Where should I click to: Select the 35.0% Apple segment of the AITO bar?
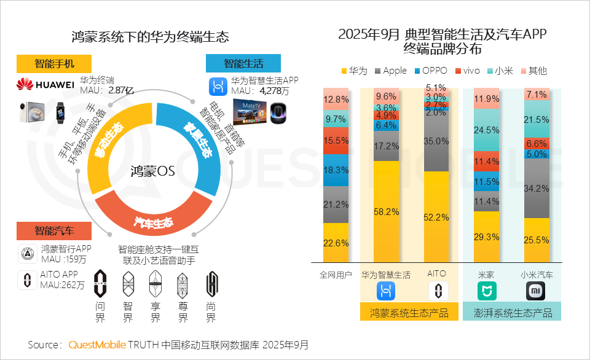click(x=436, y=141)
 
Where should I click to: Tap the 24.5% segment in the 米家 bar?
click(x=487, y=130)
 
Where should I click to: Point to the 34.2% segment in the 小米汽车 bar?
click(x=537, y=188)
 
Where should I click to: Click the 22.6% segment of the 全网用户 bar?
click(x=336, y=243)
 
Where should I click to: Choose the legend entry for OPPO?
click(x=431, y=71)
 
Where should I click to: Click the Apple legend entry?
click(x=389, y=71)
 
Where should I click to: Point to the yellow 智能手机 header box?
click(x=54, y=64)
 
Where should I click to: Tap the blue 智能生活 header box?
click(x=243, y=63)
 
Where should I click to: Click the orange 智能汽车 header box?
click(x=54, y=231)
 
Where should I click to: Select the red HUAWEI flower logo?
click(x=25, y=84)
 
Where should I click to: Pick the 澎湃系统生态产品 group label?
click(x=513, y=313)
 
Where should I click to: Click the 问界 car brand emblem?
click(x=101, y=284)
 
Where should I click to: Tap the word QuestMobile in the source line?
click(x=97, y=345)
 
